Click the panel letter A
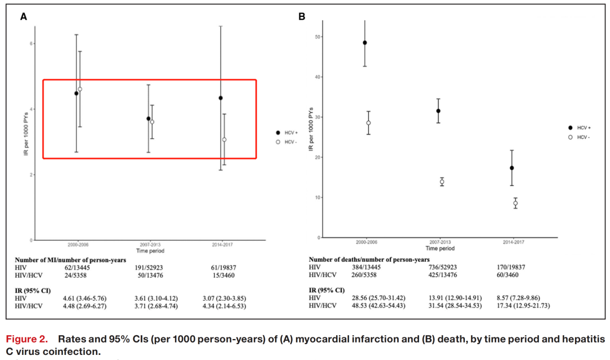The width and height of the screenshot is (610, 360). [24, 17]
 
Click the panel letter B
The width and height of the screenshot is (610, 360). [302, 17]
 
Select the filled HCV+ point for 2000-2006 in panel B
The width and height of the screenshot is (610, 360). [365, 42]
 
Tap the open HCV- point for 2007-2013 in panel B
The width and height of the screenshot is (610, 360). [442, 181]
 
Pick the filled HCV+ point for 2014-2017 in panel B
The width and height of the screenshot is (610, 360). [512, 168]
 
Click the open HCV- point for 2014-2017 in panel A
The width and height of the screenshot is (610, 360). [224, 140]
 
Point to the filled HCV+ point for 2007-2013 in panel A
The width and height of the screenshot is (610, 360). [149, 119]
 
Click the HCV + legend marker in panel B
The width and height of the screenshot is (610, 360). [570, 128]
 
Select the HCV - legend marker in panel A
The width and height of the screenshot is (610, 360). [277, 142]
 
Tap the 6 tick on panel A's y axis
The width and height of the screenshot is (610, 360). [32, 44]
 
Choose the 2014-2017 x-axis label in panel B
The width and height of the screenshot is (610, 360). [513, 242]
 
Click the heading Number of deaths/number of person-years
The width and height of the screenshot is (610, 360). [365, 259]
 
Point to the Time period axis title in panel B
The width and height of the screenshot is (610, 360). [440, 248]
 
